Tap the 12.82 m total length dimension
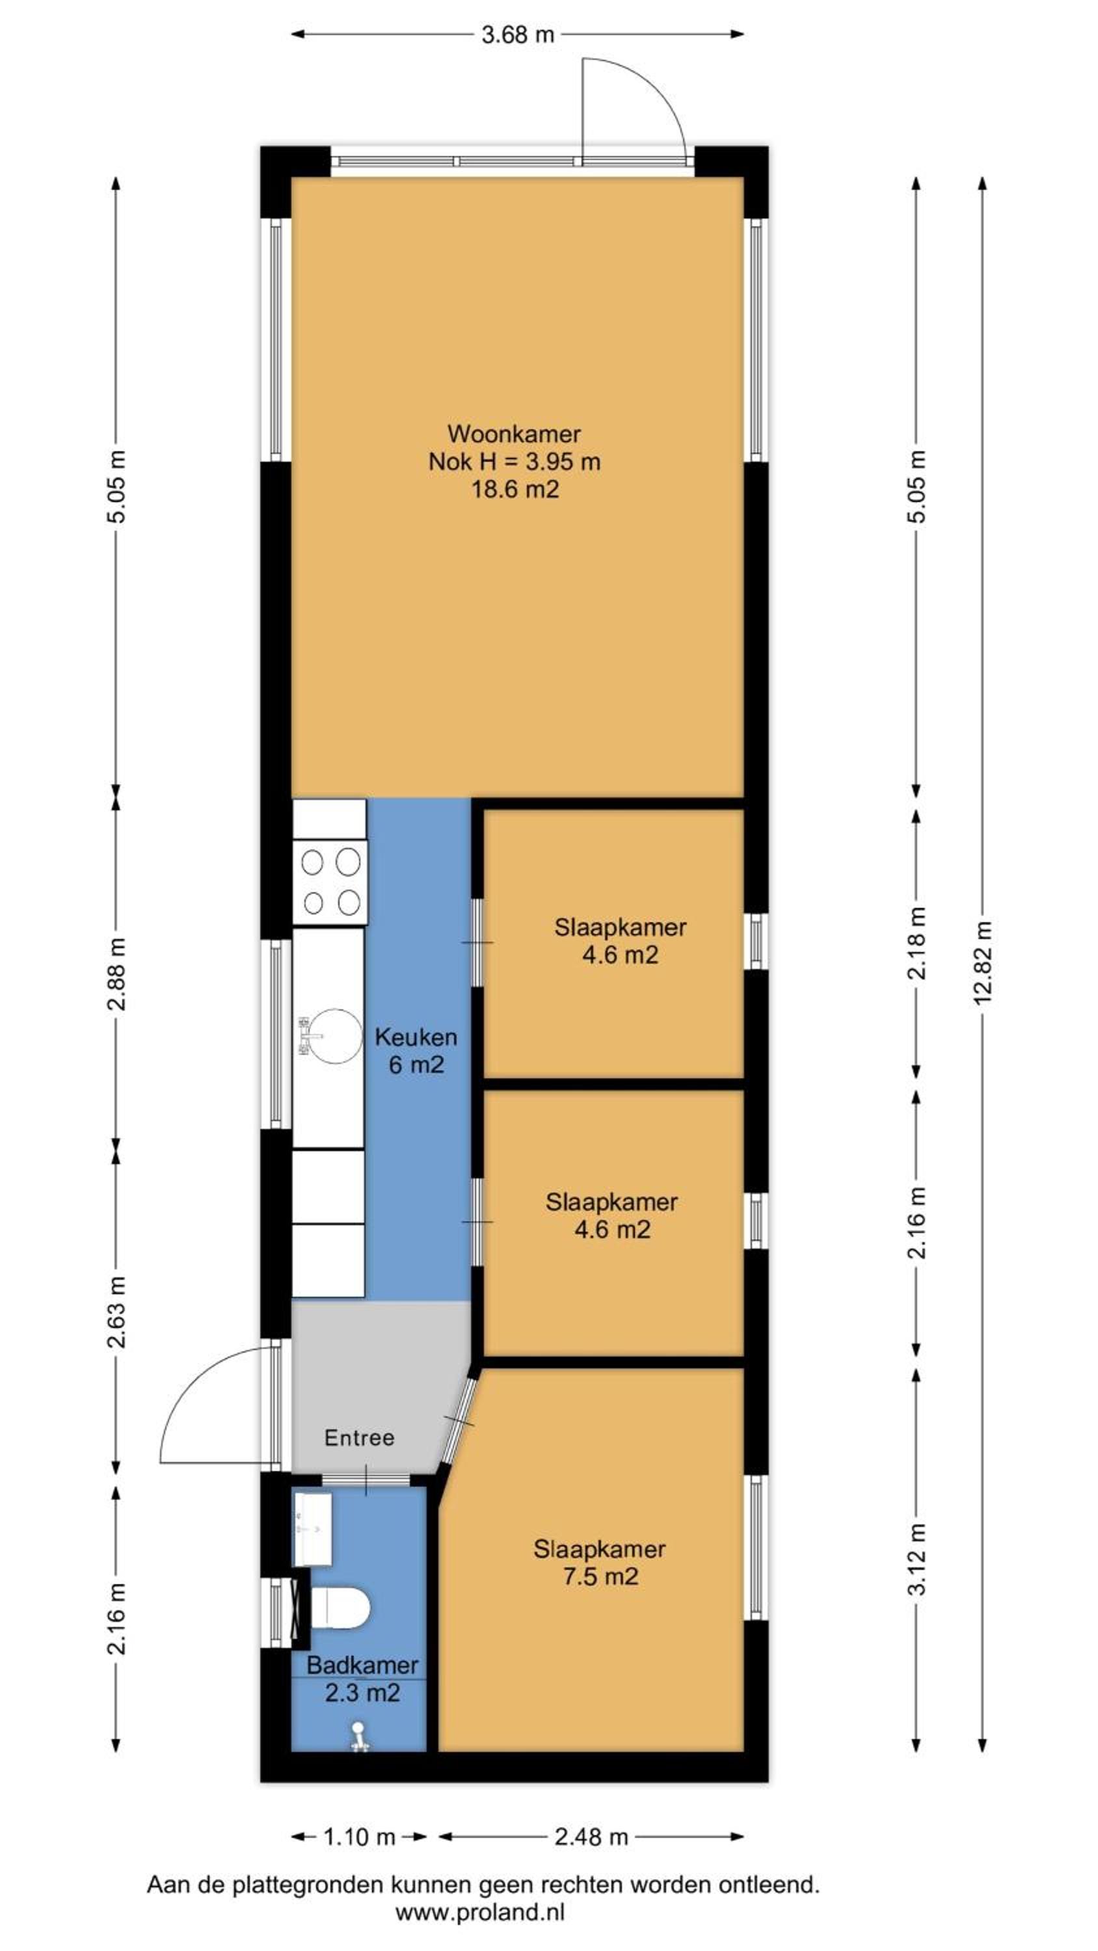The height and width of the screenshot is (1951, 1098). click(982, 961)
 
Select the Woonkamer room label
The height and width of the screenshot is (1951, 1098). click(514, 434)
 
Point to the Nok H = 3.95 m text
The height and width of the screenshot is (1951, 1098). click(515, 461)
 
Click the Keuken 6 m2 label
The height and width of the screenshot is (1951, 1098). click(416, 1050)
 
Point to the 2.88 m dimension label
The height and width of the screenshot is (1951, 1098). click(116, 974)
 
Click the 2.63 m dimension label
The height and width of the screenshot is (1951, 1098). click(116, 1312)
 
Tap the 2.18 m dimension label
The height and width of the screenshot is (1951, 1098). click(917, 943)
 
